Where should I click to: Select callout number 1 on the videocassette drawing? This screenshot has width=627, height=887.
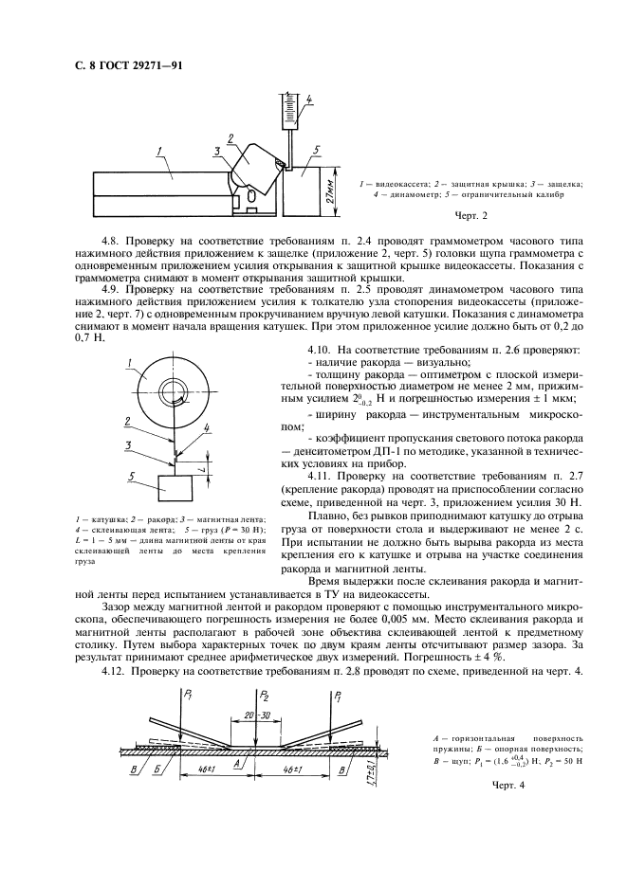(x=161, y=150)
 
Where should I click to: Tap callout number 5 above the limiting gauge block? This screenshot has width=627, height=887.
(x=317, y=148)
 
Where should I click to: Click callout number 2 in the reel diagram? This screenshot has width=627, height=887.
(x=125, y=421)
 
